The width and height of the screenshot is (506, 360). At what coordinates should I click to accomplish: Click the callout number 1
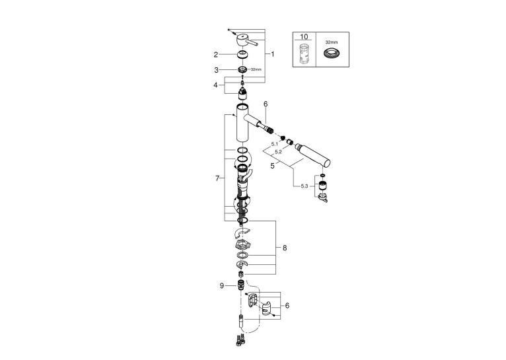click(x=272, y=54)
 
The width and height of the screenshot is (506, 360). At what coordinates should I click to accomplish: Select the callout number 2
click(x=215, y=55)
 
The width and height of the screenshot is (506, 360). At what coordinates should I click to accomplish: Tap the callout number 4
click(x=215, y=85)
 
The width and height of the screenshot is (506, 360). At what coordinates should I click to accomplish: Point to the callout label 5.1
click(x=275, y=144)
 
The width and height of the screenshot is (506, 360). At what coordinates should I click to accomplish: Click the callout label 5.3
click(x=305, y=186)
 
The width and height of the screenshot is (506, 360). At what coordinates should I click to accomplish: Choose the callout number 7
click(x=217, y=178)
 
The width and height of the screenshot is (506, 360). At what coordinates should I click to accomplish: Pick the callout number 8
click(x=284, y=248)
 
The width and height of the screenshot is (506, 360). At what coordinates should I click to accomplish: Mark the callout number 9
click(x=222, y=286)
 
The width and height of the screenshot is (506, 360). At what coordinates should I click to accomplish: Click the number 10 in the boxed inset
click(x=304, y=37)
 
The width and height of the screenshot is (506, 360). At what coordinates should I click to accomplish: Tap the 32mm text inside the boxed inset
click(x=332, y=42)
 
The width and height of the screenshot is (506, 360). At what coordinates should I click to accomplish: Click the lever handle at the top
click(x=247, y=42)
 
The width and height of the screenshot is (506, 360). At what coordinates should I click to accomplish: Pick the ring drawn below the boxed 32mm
click(x=330, y=54)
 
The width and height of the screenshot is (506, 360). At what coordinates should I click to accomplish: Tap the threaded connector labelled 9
click(x=241, y=285)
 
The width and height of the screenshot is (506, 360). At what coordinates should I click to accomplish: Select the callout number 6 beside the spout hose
click(x=266, y=104)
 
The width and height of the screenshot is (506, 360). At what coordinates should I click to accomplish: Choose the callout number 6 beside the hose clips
click(x=287, y=305)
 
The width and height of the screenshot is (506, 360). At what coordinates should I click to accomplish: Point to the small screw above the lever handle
click(x=229, y=30)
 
